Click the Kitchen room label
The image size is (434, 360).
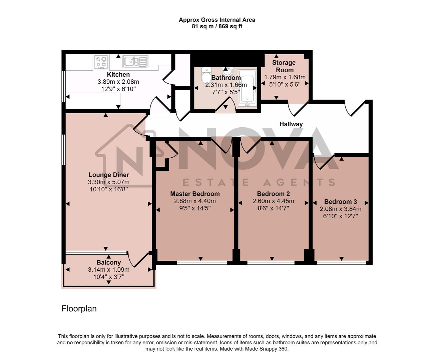tap(118, 74)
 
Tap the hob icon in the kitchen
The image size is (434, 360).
tap(101, 62)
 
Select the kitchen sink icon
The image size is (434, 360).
tap(135, 61)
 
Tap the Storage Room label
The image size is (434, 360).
tap(284, 66)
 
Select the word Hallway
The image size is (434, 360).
tap(291, 124)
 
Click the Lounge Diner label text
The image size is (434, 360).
tap(108, 175)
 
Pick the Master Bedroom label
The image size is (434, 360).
tap(195, 194)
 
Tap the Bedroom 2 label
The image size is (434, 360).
tap(273, 194)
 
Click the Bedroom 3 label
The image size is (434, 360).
tap(340, 202)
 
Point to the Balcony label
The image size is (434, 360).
tap(108, 263)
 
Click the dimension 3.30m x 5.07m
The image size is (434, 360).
tap(108, 182)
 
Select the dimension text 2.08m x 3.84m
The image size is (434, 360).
tap(340, 209)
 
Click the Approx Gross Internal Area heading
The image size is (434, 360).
tap(217, 20)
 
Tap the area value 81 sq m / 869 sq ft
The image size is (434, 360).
tap(217, 26)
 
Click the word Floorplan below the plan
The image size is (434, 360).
tap(79, 309)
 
